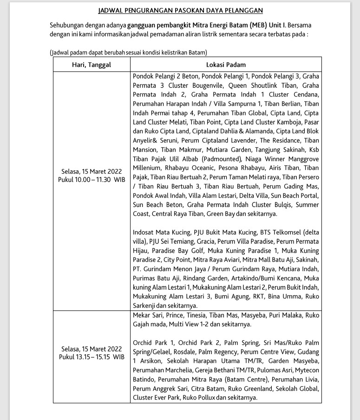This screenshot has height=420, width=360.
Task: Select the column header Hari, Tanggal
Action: (x=92, y=65)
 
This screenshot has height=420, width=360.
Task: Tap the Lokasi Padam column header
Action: (x=226, y=65)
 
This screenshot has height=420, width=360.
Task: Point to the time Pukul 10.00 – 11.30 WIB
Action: (x=92, y=179)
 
